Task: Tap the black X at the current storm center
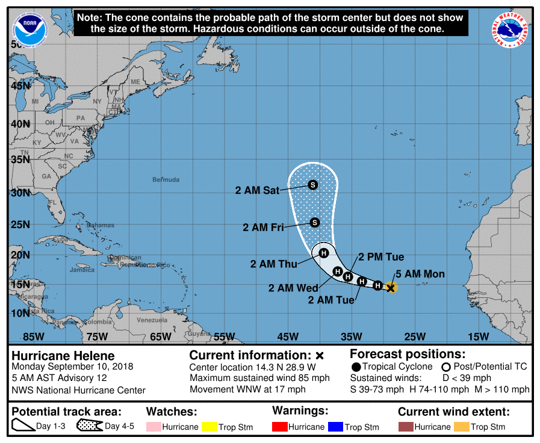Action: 391,288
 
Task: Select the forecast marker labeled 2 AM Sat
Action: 312,185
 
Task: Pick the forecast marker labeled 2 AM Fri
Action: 314,223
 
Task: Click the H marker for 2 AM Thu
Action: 323,253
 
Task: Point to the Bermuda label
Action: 166,180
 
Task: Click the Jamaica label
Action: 82,270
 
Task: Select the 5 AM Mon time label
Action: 420,274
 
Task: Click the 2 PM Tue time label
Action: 381,257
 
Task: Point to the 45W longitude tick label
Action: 287,336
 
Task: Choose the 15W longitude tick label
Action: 478,336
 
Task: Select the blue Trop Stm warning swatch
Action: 334,427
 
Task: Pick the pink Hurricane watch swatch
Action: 154,427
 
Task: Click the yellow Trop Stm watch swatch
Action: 209,427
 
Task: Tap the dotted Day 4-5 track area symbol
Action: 88,426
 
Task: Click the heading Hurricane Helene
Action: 63,356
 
